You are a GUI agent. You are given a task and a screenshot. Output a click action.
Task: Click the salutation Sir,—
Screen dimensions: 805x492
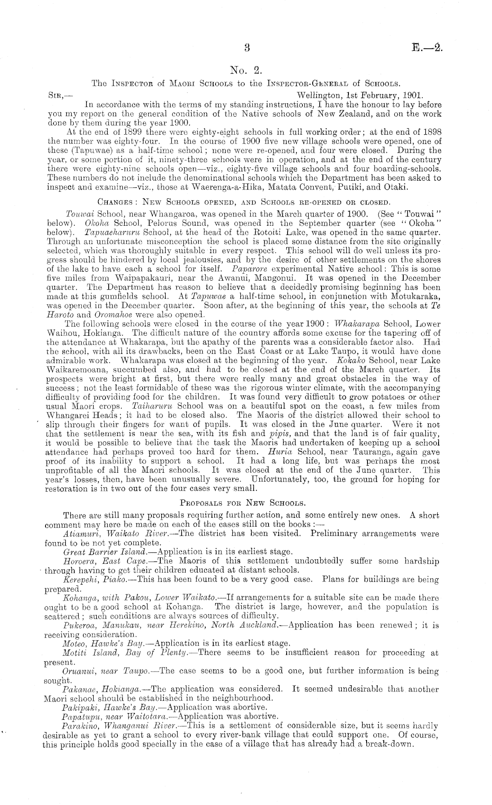coord(57,95)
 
